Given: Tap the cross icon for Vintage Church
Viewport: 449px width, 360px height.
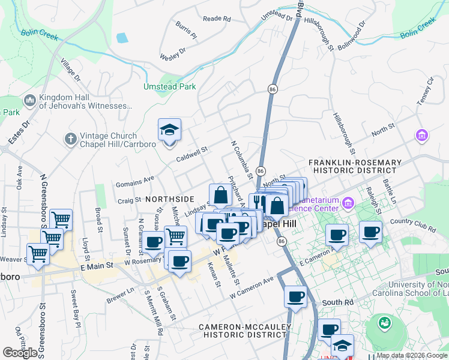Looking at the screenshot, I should pyautogui.click(x=70, y=139).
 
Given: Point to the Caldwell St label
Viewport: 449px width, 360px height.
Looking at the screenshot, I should pyautogui.click(x=191, y=155).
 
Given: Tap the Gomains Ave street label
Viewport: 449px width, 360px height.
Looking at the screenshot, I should pyautogui.click(x=136, y=178).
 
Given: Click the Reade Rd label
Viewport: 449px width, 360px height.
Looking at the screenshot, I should pyautogui.click(x=217, y=19).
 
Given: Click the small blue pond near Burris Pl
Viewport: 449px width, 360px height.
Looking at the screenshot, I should pyautogui.click(x=122, y=38).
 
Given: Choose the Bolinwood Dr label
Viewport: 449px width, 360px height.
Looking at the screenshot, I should pyautogui.click(x=352, y=37).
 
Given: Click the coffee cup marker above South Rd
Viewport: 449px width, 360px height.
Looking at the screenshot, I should pyautogui.click(x=295, y=297).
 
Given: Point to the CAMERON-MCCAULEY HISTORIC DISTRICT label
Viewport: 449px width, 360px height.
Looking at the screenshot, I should pyautogui.click(x=246, y=331).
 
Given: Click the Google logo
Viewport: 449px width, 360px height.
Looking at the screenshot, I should pyautogui.click(x=20, y=352).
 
